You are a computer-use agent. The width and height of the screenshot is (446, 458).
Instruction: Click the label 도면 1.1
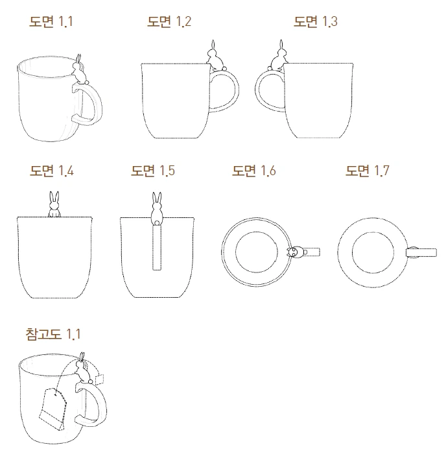pyautogui.click(x=51, y=21)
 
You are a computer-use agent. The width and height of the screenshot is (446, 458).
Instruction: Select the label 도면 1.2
pyautogui.click(x=169, y=21)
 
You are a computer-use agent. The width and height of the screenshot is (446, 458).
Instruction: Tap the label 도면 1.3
pyautogui.click(x=316, y=21)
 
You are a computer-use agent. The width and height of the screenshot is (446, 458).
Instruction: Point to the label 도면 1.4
pyautogui.click(x=51, y=171)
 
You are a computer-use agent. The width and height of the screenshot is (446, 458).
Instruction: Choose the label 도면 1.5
pyautogui.click(x=153, y=171)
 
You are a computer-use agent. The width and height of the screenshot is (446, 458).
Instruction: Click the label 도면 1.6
pyautogui.click(x=254, y=171)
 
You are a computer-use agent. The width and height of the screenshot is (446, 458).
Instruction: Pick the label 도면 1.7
pyautogui.click(x=368, y=171)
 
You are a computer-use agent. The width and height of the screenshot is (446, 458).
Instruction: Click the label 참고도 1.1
pyautogui.click(x=53, y=334)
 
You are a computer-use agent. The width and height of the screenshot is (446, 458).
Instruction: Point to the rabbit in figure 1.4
pyautogui.click(x=53, y=205)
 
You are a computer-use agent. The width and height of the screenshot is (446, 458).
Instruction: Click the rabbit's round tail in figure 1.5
pyautogui.click(x=156, y=222)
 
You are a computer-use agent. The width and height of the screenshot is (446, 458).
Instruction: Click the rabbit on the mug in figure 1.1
pyautogui.click(x=79, y=69)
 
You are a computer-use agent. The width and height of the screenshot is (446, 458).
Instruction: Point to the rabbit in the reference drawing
pyautogui.click(x=82, y=372)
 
